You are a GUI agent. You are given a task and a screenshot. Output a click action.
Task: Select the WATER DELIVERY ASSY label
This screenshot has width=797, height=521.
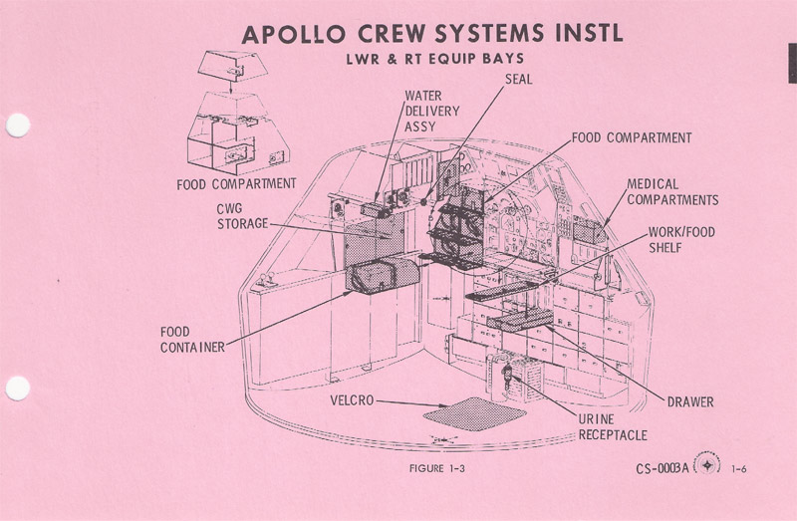[x=431, y=112]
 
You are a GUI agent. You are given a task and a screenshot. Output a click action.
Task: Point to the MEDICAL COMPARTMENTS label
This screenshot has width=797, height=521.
[x=672, y=192]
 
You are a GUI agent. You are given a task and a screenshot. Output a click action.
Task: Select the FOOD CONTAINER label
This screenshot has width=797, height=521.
[x=190, y=339]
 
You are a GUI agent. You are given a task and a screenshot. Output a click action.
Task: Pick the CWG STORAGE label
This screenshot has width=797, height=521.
[x=242, y=216]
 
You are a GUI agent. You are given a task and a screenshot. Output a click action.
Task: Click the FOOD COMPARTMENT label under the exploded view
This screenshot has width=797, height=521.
[x=236, y=183]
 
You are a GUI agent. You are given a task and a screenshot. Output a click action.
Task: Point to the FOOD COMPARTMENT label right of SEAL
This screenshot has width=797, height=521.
[x=631, y=137]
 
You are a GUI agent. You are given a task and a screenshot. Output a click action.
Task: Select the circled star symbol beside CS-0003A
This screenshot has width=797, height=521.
[x=708, y=465]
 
